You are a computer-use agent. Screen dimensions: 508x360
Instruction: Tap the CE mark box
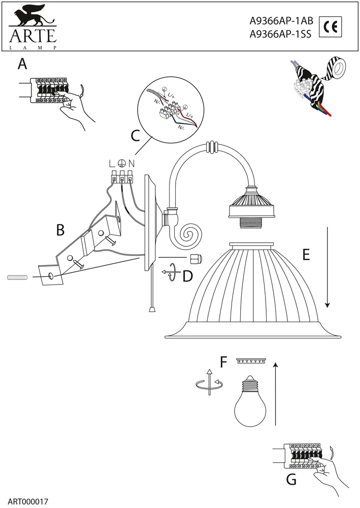[330, 26]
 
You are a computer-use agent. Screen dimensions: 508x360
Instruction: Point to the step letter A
[22, 64]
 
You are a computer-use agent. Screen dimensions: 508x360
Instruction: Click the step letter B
[60, 230]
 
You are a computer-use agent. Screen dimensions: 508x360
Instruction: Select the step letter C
[135, 136]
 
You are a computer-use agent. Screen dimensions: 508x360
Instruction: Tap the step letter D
[188, 276]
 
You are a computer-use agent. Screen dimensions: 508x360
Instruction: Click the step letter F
[223, 362]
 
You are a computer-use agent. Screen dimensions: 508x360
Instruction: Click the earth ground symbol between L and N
[121, 164]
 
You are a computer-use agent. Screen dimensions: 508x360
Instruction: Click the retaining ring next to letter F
[251, 361]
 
